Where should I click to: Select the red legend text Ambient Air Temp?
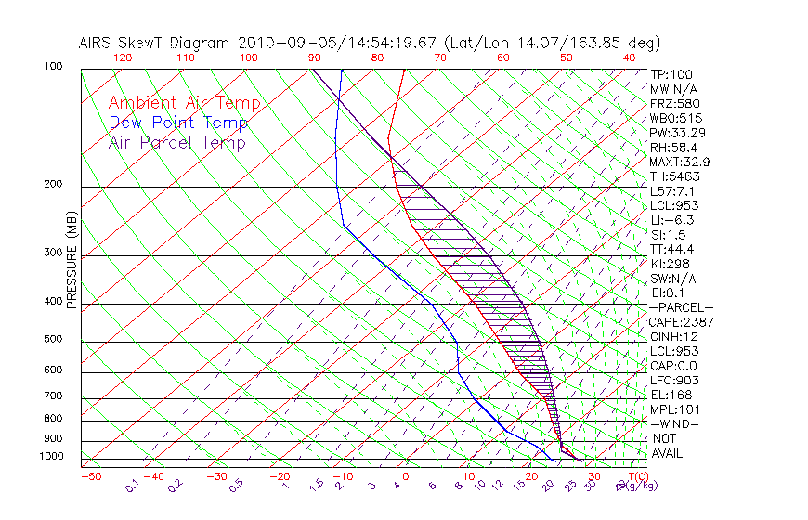click(x=184, y=103)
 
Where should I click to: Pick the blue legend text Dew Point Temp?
click(x=178, y=123)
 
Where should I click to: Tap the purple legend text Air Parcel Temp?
click(x=176, y=142)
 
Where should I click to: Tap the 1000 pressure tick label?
click(x=52, y=456)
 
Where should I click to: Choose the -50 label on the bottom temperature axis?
click(x=90, y=476)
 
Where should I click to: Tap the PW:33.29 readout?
click(x=674, y=133)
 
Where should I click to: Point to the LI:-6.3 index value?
click(x=671, y=220)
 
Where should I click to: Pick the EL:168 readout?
click(x=669, y=395)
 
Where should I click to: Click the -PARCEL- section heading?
click(x=680, y=307)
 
